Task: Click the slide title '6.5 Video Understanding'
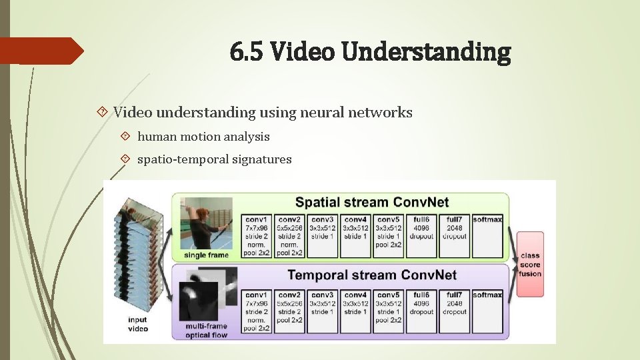371,51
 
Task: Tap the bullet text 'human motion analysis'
203,137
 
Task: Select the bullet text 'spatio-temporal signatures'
214,159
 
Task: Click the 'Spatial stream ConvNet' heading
372,201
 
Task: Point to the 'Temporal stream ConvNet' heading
372,275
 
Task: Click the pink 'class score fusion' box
531,265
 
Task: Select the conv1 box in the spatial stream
256,235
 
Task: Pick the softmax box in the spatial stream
487,235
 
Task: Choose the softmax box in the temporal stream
487,311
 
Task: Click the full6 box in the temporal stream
421,311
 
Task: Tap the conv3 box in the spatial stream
322,235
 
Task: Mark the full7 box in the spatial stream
455,235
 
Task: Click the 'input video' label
137,324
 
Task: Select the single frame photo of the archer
207,223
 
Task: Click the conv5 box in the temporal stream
388,311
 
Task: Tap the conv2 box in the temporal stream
289,311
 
